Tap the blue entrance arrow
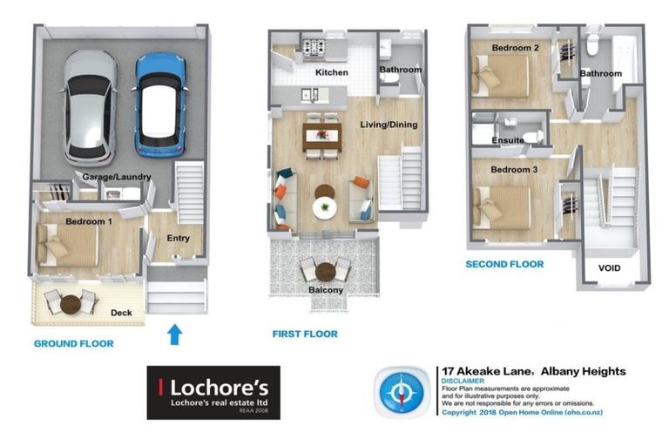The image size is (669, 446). click(x=174, y=334)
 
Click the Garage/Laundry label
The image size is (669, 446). click(x=117, y=177)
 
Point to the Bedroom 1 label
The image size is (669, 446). click(x=88, y=221)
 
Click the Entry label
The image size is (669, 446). click(x=178, y=238)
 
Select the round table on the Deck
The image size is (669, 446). click(x=71, y=304)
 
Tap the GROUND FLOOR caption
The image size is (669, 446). click(x=73, y=343)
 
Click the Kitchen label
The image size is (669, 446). click(x=331, y=72)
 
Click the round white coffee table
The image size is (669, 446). click(x=323, y=206)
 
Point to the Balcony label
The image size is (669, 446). click(x=325, y=289)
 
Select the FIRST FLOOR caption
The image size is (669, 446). click(x=305, y=334)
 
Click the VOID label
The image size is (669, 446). click(x=610, y=267)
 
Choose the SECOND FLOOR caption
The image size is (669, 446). click(x=504, y=264)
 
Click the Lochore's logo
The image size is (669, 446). click(x=213, y=392)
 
